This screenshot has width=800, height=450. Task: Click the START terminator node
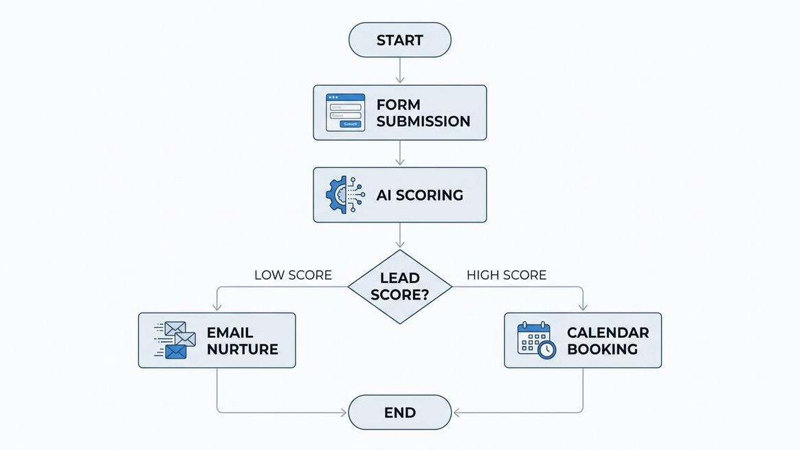[x=400, y=40]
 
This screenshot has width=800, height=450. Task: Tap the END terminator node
[x=400, y=412]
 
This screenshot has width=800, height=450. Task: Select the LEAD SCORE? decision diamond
[x=400, y=286]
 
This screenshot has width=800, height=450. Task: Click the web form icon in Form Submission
[x=345, y=113]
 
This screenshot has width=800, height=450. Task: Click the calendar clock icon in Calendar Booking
[x=536, y=340]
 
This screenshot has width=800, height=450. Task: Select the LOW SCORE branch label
[x=293, y=275]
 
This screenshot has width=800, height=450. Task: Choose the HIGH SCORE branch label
[x=507, y=275]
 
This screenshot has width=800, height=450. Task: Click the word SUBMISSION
[x=423, y=122]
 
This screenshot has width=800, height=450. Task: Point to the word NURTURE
[x=242, y=349]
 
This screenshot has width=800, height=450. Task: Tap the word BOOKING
[x=602, y=349]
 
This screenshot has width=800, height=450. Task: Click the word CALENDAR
[x=608, y=333]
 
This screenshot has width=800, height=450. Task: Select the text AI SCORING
[x=419, y=195]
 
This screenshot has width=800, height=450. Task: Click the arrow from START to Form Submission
[x=400, y=71]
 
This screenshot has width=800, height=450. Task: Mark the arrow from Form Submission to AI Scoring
[x=400, y=154]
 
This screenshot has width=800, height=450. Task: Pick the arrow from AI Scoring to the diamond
[x=400, y=236]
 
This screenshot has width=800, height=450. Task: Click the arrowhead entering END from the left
[x=344, y=413]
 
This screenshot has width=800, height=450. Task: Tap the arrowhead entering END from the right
[x=456, y=413]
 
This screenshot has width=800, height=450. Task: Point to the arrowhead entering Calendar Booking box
[x=583, y=308]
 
